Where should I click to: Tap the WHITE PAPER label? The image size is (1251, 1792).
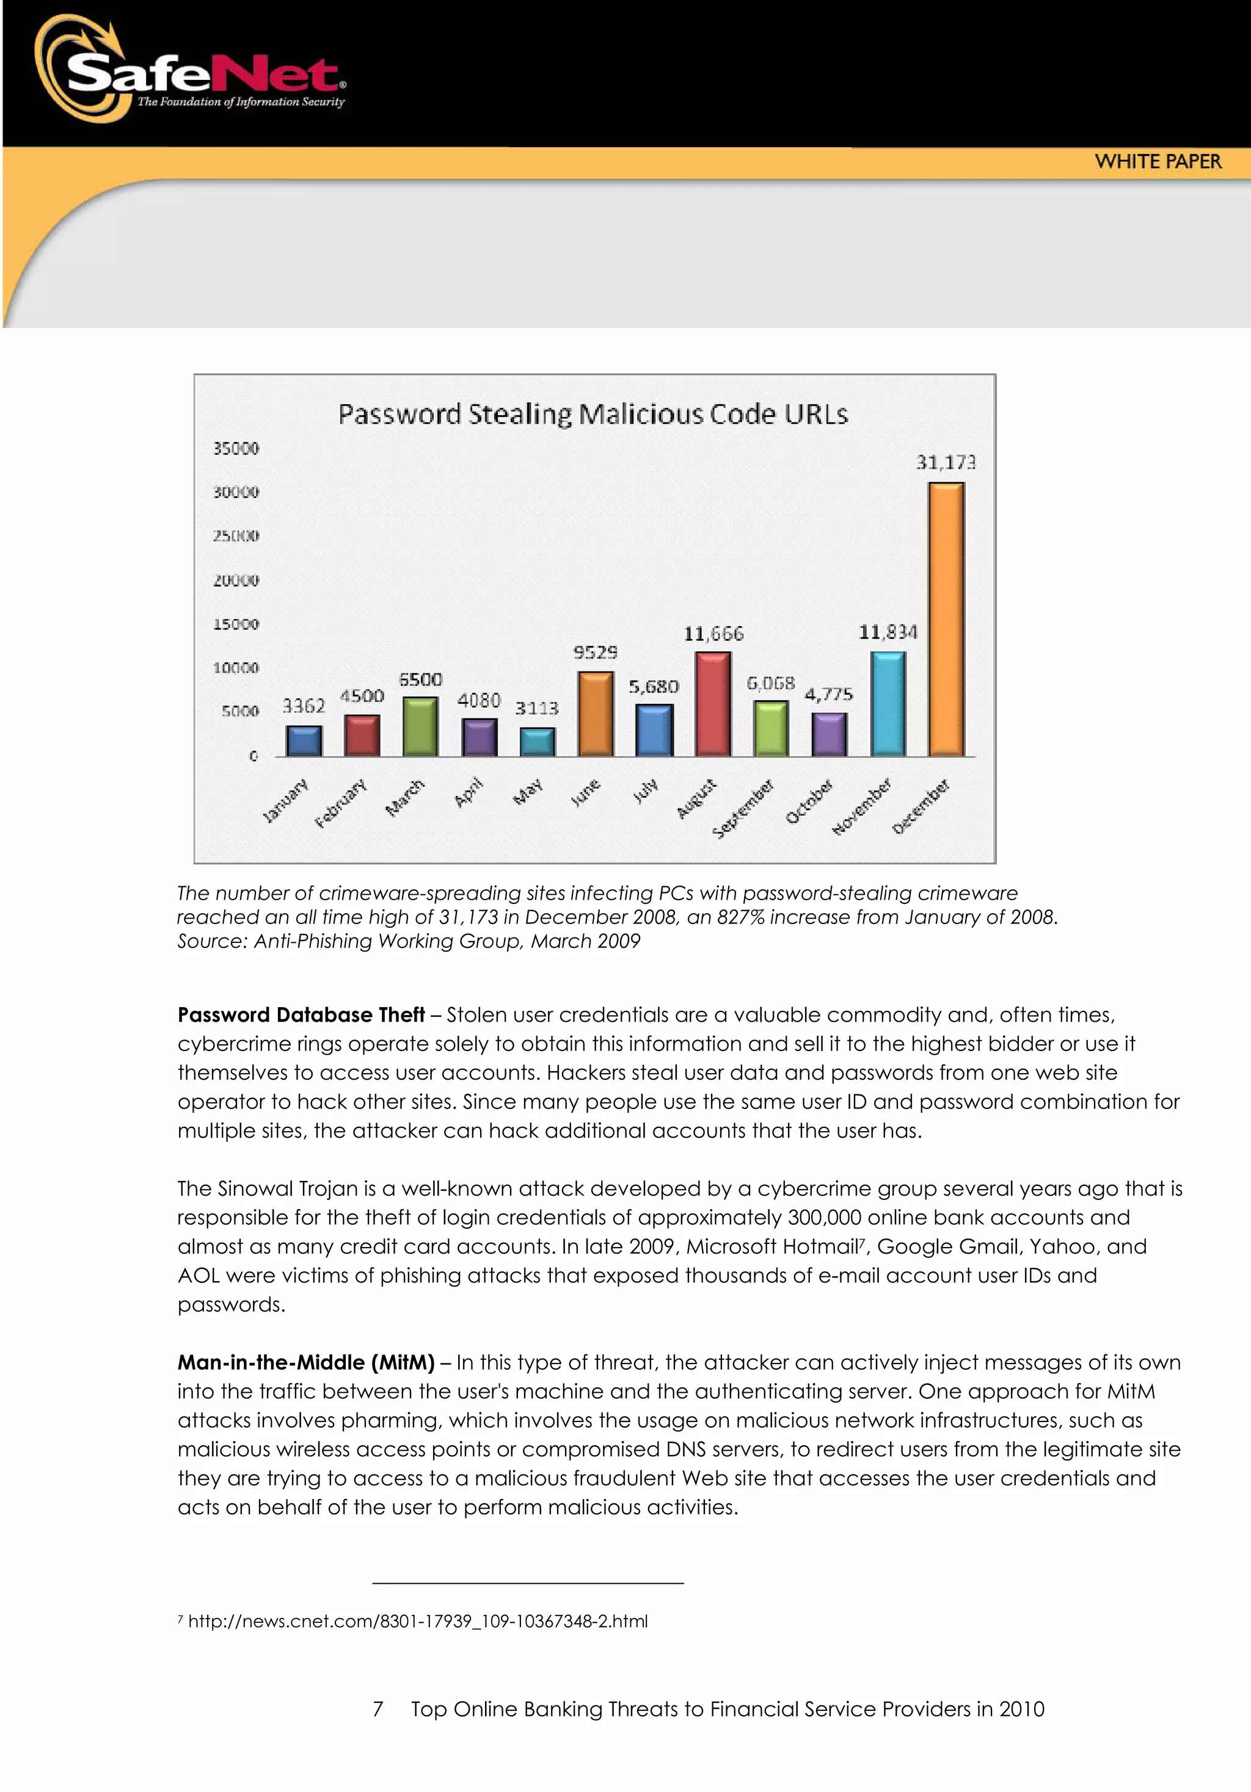click(1158, 162)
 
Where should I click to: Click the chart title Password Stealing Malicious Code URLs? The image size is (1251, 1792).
click(593, 414)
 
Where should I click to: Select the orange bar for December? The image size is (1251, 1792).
click(946, 619)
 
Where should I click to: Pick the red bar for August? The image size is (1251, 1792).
click(713, 704)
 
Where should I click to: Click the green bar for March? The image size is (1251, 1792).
click(420, 727)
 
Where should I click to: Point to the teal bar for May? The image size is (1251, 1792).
click(538, 742)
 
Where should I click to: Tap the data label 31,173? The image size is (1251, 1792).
click(946, 463)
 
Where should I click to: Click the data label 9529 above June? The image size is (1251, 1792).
click(595, 652)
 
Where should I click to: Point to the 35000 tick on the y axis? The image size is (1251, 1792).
click(236, 448)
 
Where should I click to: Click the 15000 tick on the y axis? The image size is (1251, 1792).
click(236, 624)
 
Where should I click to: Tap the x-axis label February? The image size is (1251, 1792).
click(340, 803)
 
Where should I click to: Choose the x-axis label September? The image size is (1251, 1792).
click(743, 809)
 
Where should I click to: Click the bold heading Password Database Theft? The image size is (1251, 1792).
click(301, 1014)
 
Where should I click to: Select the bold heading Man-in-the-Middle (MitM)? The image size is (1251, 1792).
click(305, 1363)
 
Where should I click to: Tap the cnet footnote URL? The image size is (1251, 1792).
click(418, 1621)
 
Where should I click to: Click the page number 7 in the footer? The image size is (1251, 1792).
click(378, 1709)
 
